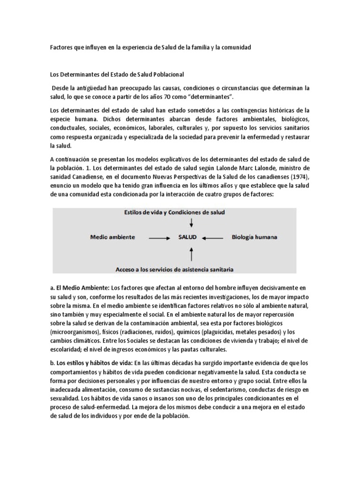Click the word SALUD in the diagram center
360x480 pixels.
click(x=187, y=238)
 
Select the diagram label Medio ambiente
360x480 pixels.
click(x=112, y=238)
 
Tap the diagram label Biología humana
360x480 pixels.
click(x=254, y=238)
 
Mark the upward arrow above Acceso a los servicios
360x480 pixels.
click(x=190, y=254)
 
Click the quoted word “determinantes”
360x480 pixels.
click(x=206, y=97)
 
